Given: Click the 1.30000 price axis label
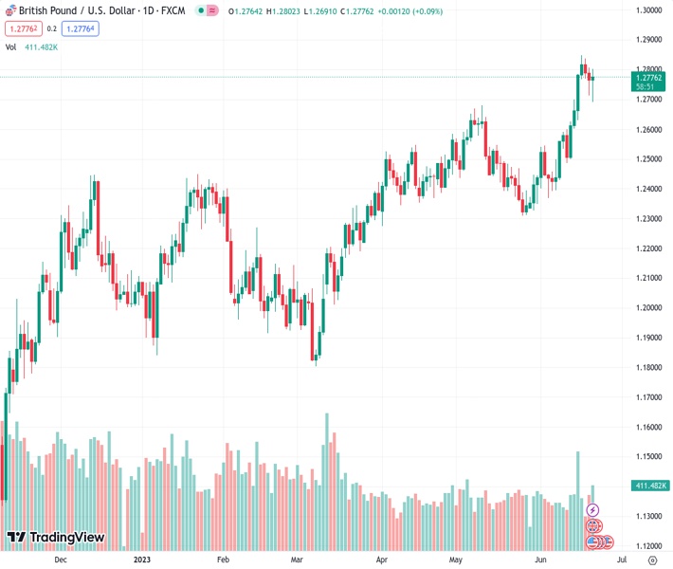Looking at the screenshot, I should pos(649,10).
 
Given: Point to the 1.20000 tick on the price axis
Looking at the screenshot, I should pos(649,308).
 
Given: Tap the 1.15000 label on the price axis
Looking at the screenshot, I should pos(649,457).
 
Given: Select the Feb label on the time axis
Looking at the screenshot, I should pos(223,560).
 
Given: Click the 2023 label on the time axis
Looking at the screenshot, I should pos(142,560).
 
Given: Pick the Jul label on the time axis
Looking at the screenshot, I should pos(622,560).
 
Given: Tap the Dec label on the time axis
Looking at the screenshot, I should pos(61,560).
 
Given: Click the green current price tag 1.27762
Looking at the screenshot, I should pos(649,80).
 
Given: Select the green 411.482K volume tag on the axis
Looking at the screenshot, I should pos(649,486).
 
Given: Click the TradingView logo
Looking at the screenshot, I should pos(55,538).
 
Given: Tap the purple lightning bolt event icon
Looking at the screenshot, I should pos(593,510).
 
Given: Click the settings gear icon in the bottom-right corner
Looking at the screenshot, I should pos(652,560).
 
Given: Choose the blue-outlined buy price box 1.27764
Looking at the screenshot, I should pos(80,28).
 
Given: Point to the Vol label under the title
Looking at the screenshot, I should pos(10,46).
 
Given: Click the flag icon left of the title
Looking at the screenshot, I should pos(10,10).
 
